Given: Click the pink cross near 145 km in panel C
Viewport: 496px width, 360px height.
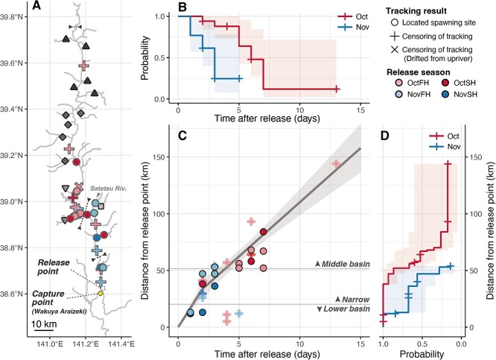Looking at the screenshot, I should [x=336, y=163].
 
